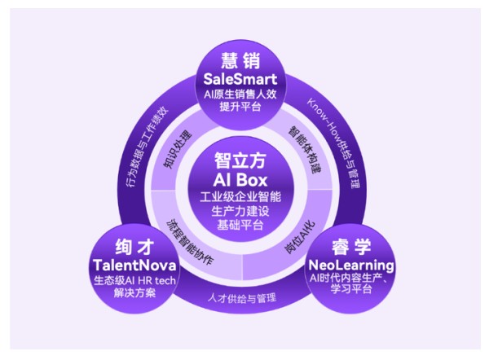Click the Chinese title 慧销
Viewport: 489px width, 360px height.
(x=240, y=60)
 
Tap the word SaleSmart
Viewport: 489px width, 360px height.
(x=240, y=79)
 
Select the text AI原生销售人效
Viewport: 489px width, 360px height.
(x=240, y=94)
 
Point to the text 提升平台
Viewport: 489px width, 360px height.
(x=240, y=107)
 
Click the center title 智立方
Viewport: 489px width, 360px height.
(x=240, y=160)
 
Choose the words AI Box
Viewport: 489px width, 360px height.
(x=240, y=180)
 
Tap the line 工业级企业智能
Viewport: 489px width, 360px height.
(x=240, y=196)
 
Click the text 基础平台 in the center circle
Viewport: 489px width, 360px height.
(x=240, y=225)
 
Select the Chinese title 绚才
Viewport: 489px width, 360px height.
(x=134, y=247)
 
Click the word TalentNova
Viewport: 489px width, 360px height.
(x=134, y=266)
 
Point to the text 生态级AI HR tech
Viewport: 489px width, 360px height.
(x=134, y=280)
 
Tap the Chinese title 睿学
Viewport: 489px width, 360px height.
(x=351, y=247)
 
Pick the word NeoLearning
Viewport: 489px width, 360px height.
(x=351, y=265)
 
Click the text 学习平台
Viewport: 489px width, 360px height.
(x=351, y=288)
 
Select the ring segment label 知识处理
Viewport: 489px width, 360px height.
(x=178, y=150)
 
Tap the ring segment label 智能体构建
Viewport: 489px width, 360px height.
(x=304, y=150)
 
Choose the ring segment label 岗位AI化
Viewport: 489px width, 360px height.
(x=300, y=238)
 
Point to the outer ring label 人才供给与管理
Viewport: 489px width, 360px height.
(x=242, y=298)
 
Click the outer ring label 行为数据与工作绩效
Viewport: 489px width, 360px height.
(x=147, y=147)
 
